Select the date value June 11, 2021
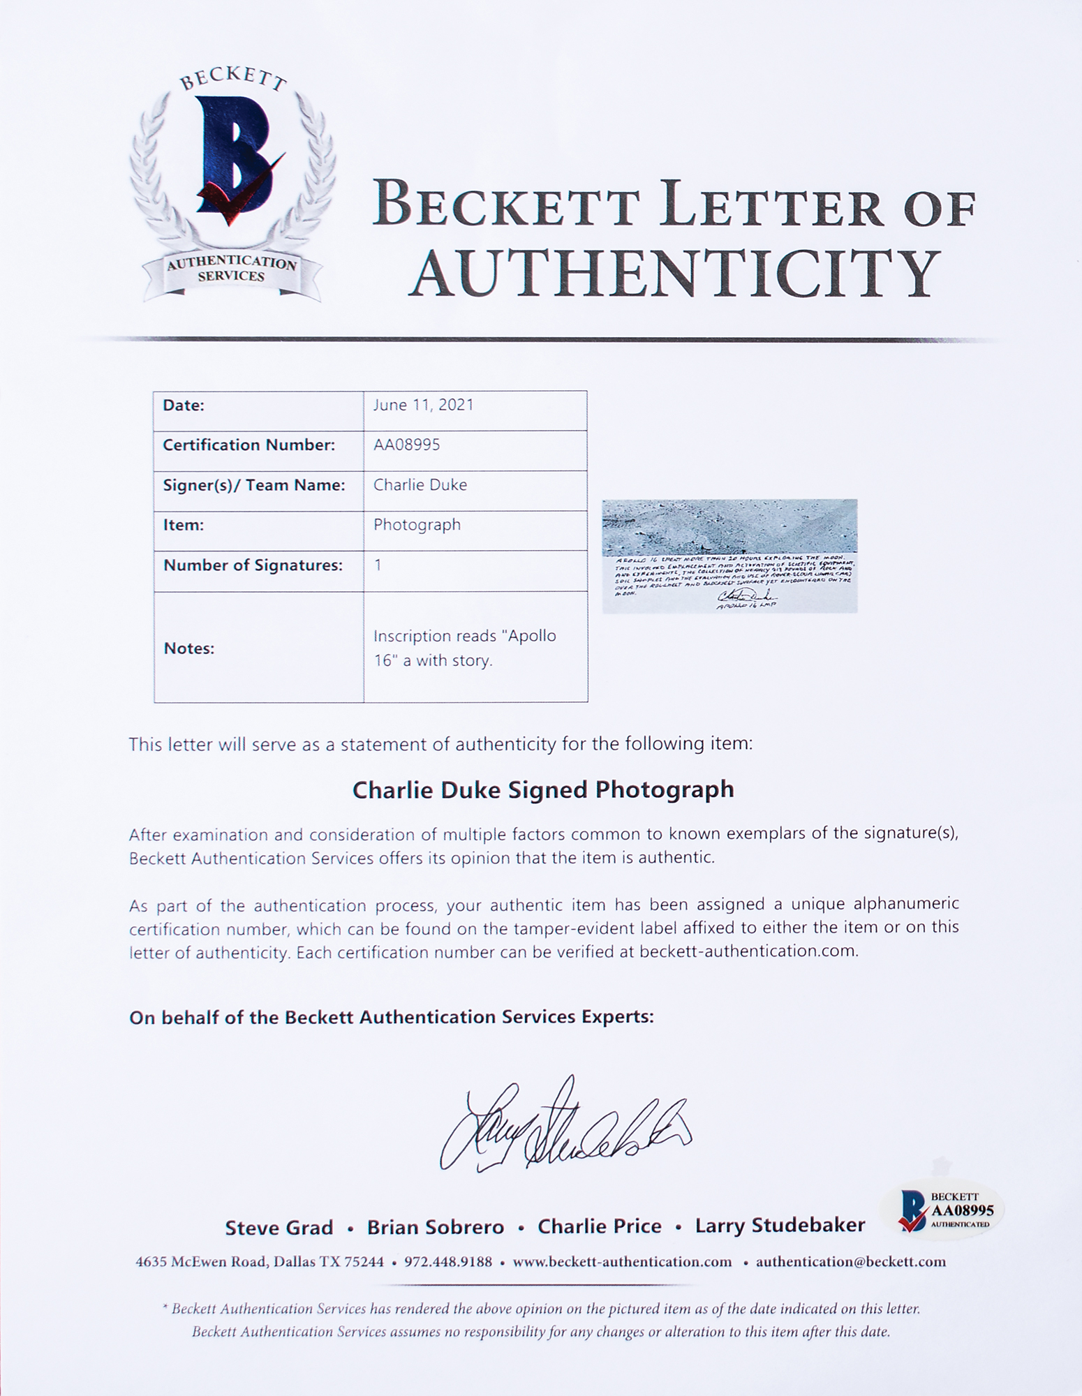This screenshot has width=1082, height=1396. [423, 406]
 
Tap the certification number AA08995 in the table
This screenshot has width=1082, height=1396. [406, 445]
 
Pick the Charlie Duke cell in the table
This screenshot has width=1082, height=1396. [420, 485]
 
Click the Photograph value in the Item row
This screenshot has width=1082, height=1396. [417, 525]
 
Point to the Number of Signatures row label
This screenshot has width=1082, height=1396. [253, 565]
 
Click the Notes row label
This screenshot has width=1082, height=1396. [188, 648]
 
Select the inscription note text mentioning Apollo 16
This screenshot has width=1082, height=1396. [464, 648]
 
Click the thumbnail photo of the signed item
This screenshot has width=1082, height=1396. [729, 556]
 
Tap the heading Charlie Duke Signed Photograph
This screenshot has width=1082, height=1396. [542, 789]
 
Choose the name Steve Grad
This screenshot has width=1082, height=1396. [279, 1227]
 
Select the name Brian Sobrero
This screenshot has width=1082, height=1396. [436, 1227]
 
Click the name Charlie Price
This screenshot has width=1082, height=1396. [599, 1226]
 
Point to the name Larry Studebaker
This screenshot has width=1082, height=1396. [780, 1226]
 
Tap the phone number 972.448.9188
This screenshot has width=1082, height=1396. [447, 1262]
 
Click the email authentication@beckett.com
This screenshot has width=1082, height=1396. [851, 1262]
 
